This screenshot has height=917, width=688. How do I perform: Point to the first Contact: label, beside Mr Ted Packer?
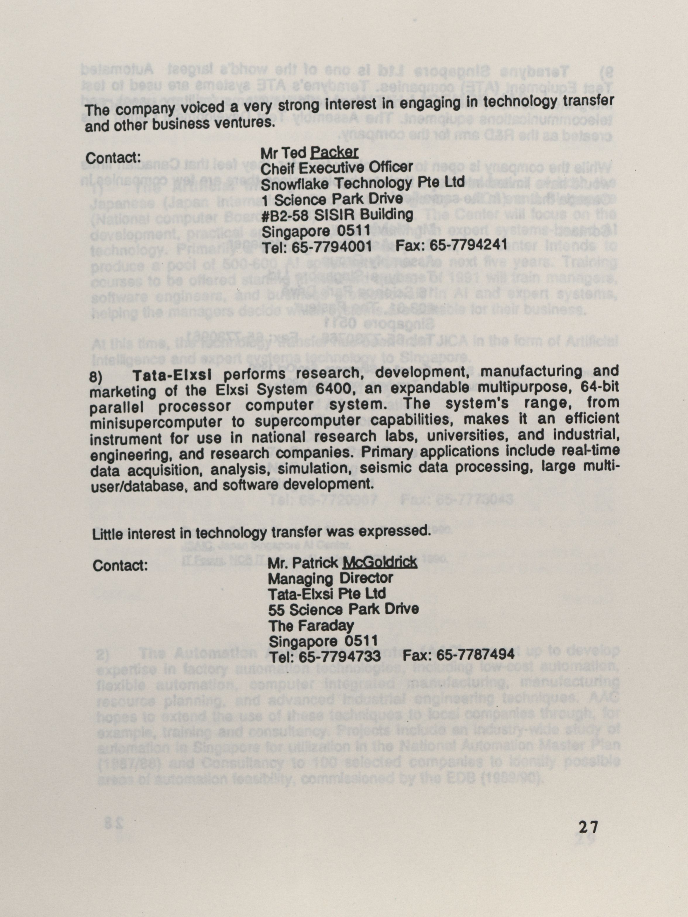click(x=113, y=158)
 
